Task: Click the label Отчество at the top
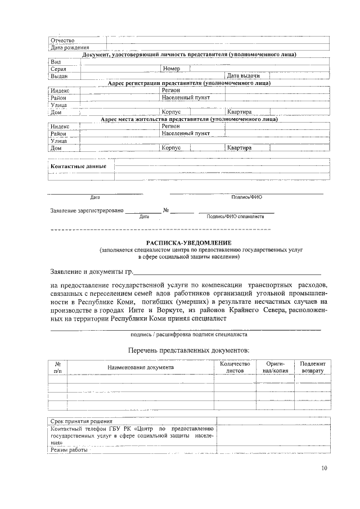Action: pos(62,40)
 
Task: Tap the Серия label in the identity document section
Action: pos(59,69)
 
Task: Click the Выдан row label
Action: pos(59,75)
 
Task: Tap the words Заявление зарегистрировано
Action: pos(86,210)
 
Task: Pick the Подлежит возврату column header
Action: pos(313,368)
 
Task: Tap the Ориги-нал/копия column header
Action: pos(276,368)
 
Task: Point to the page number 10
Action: pos(324,468)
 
